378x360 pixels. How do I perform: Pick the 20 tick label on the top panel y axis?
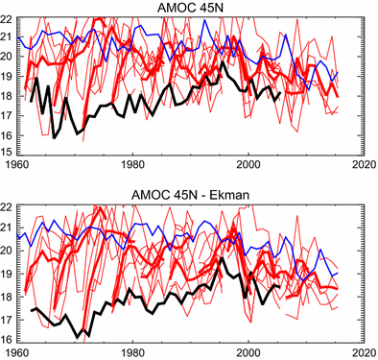[8, 57]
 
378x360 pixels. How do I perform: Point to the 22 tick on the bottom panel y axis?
[8, 206]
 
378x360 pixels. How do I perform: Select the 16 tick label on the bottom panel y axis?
[8, 338]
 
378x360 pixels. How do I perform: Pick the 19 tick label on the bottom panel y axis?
[8, 273]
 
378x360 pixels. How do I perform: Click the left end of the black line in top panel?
[31, 101]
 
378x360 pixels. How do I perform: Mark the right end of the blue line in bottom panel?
[338, 274]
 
